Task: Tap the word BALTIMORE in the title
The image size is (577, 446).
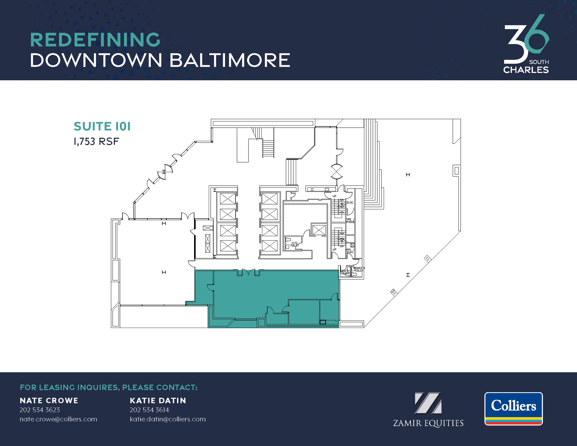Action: coord(230,60)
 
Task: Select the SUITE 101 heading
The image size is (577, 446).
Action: coord(102,127)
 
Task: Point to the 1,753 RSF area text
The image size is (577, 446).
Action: coord(96,141)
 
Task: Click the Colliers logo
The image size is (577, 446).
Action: coord(513,409)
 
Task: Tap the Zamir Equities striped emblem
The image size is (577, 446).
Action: coord(428,403)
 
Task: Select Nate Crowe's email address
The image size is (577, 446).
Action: coord(58,419)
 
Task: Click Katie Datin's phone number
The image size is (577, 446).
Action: coord(149,410)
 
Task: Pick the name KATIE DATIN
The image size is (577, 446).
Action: coord(158,401)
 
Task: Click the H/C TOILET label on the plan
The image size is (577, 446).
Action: coord(294,244)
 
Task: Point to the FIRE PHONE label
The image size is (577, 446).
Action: coord(350,221)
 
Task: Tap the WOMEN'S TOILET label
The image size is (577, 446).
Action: coord(359,269)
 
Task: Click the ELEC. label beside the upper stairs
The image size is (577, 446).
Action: coord(350,203)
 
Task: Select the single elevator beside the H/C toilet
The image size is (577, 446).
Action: coord(319,230)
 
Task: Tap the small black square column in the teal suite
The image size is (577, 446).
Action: coord(323,322)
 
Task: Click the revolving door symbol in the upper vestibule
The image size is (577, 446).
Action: coord(337,172)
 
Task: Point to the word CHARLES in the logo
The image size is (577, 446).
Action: coord(526,70)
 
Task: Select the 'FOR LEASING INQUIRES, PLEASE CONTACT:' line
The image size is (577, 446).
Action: coord(108,387)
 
